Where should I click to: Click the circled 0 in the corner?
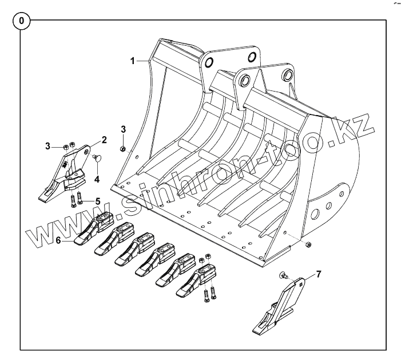point(22,21)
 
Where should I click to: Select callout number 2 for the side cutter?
point(104,139)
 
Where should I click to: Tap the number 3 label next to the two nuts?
point(49,147)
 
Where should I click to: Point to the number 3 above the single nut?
point(123,129)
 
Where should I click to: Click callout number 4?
point(97,179)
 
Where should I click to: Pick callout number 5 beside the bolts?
point(98,201)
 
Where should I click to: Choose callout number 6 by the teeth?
point(58,241)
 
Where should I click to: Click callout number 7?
point(319,274)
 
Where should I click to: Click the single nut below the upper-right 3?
point(123,149)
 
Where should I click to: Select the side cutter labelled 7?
point(280,309)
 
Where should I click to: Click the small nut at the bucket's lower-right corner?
point(309,244)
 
